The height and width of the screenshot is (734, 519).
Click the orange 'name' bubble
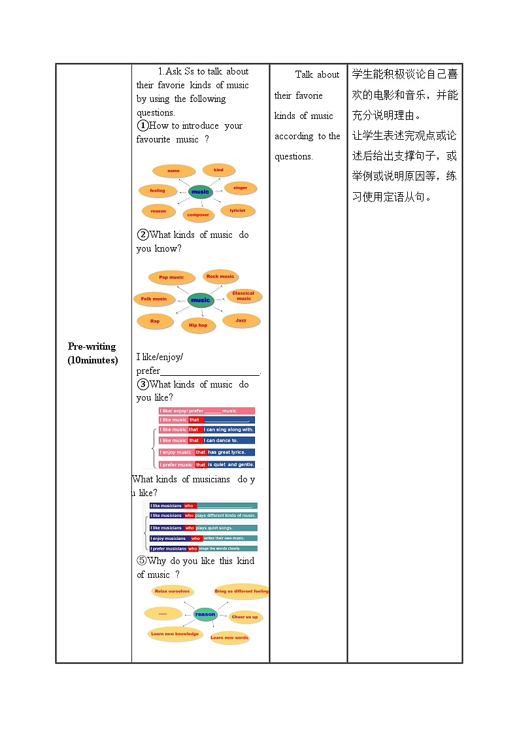point(173,171)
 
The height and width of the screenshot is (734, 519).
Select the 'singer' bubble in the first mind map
point(240,188)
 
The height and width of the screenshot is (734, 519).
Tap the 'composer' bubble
point(198,215)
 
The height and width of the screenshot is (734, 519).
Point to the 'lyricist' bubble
point(237,210)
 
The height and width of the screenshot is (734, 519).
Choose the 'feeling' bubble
point(158,191)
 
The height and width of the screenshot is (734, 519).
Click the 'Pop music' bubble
point(171,277)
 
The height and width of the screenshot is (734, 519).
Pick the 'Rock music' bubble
point(220,276)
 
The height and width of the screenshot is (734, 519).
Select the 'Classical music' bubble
point(244,296)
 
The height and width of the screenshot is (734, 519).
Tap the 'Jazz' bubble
point(241,321)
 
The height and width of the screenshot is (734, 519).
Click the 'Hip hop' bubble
point(198,325)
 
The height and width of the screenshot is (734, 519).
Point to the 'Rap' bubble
point(155,322)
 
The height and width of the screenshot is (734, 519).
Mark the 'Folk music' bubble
point(154,299)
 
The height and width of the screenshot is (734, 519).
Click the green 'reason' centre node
point(205,614)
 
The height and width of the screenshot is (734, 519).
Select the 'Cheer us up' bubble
point(245,617)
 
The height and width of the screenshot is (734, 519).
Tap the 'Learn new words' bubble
point(229,638)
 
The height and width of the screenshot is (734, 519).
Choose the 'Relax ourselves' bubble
point(171,592)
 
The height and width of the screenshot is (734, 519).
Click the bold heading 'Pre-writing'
point(92,346)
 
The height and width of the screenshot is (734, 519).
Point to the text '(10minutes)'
point(93,360)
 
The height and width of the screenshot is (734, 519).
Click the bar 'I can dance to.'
point(229,441)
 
